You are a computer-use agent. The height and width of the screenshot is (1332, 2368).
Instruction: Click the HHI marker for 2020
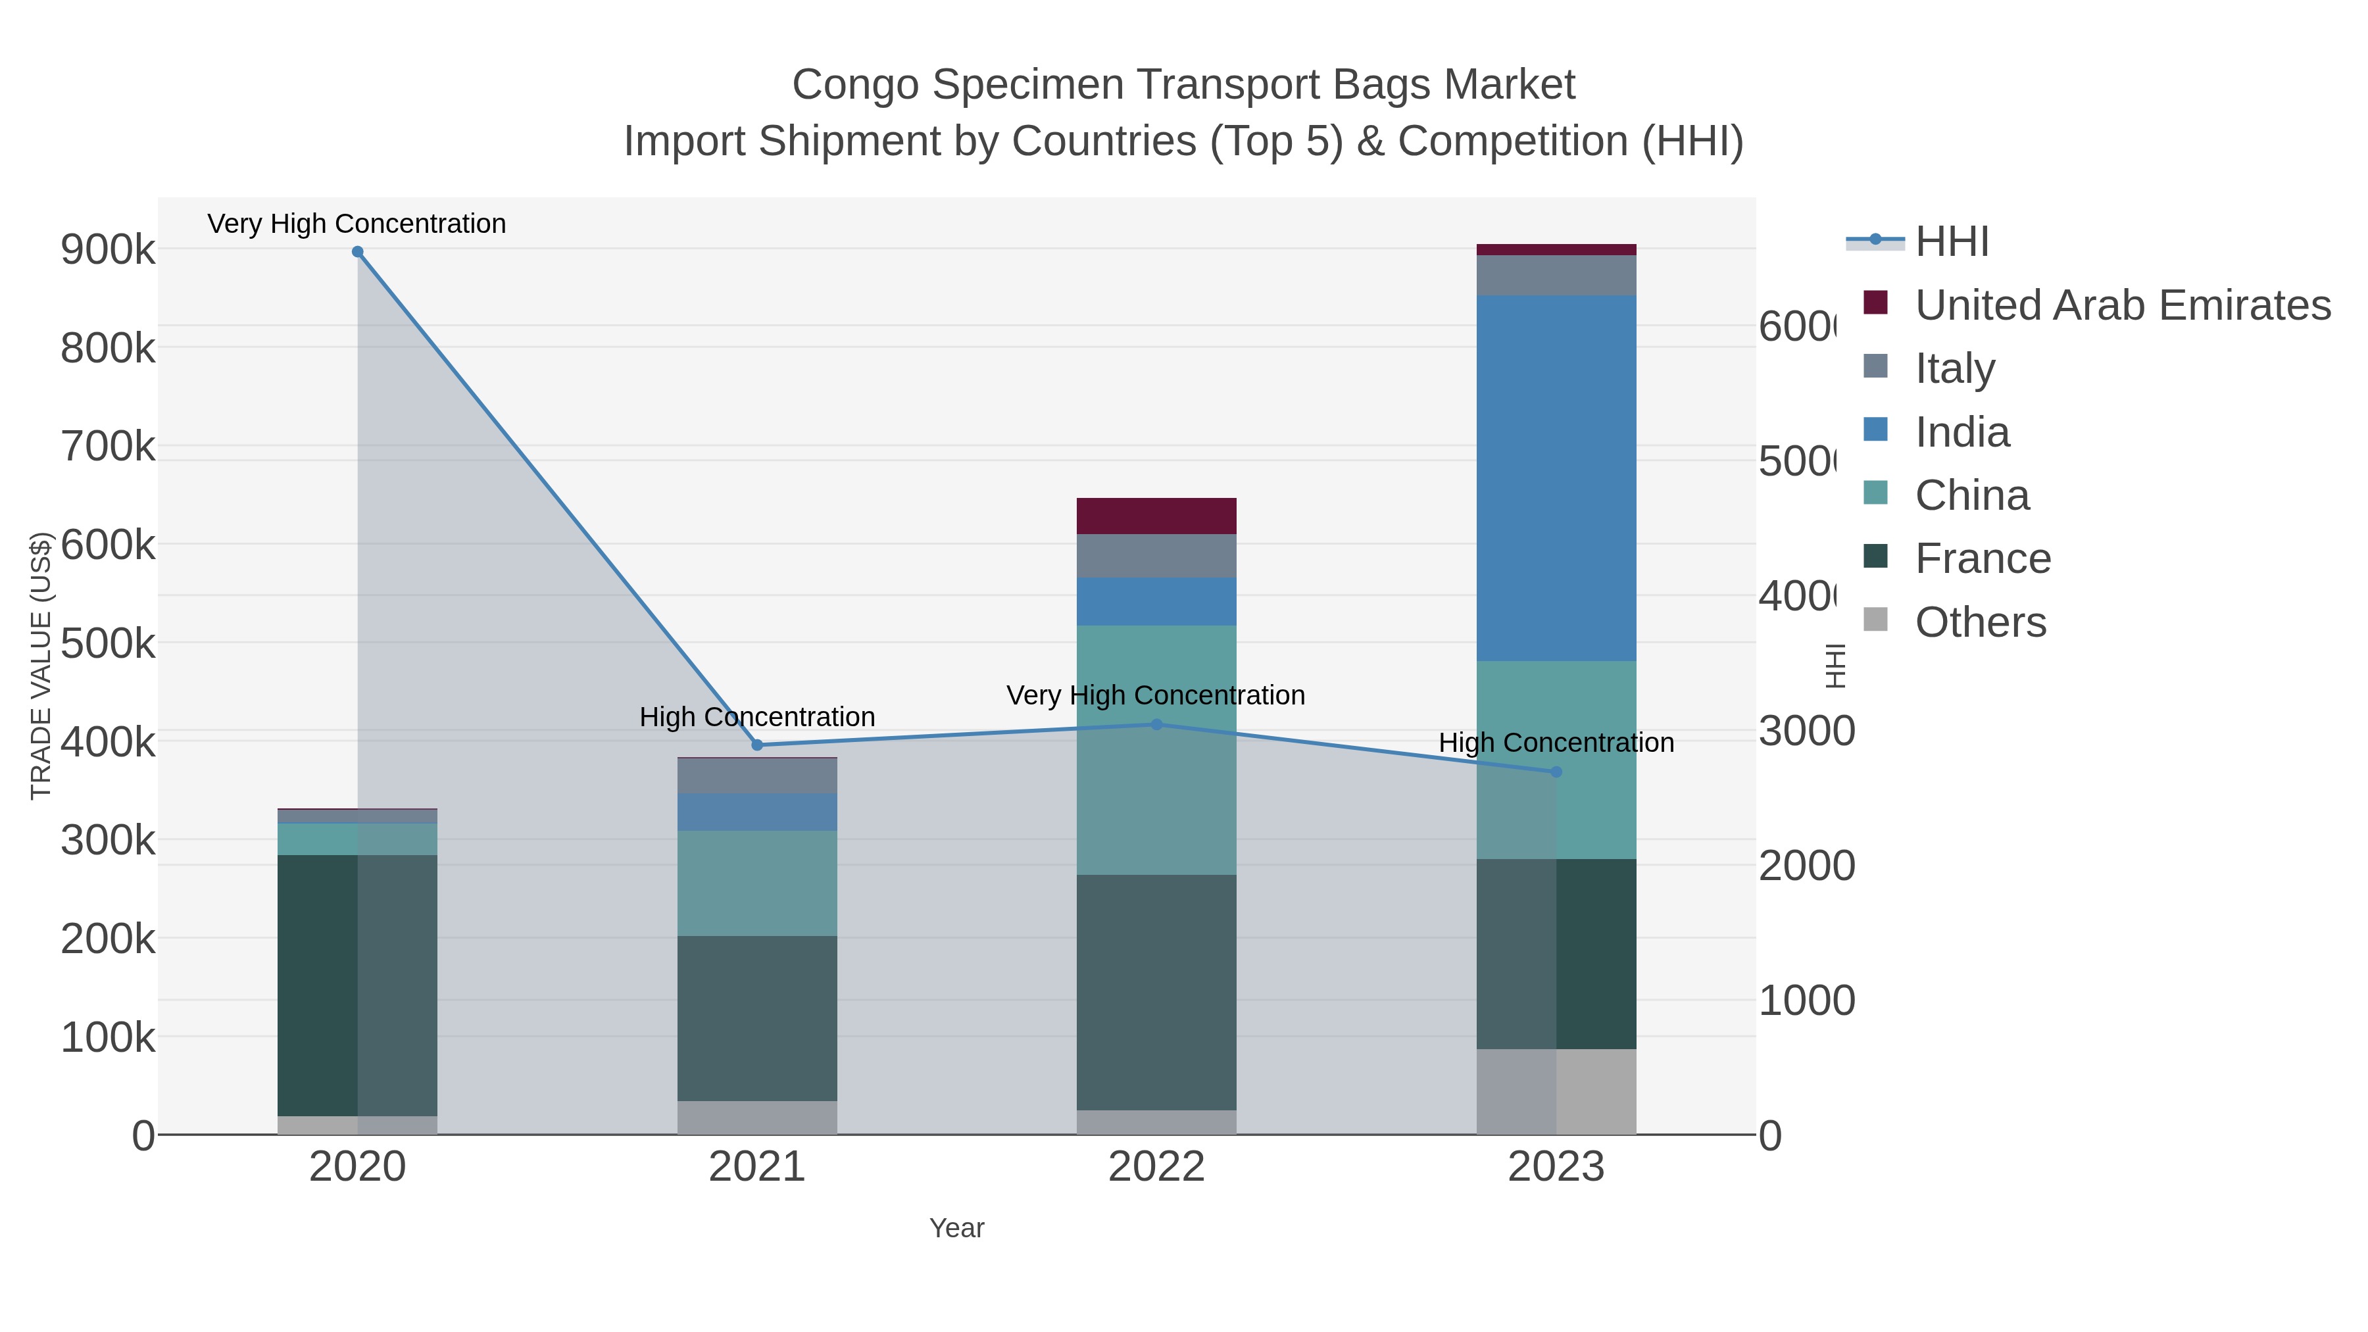358,252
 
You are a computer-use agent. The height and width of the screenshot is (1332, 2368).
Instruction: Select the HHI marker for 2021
758,745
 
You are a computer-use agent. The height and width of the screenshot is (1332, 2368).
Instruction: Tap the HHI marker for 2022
1156,724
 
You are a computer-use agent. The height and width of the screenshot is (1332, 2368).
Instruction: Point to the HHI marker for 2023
1556,772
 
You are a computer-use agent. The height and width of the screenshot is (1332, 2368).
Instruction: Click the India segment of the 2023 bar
1556,478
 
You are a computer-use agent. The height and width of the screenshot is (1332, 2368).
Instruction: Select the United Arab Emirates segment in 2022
1156,516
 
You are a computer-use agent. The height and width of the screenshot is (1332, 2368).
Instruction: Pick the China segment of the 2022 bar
1156,749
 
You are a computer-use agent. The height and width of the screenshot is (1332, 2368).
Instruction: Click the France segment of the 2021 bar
758,1018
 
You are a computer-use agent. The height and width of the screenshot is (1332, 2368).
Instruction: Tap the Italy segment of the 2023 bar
1556,275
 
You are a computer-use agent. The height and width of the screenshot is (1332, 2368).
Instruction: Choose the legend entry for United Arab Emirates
2121,305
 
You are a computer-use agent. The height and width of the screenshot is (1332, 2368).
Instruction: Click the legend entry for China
1972,495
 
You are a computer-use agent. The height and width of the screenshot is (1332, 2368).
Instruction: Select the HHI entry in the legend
1952,242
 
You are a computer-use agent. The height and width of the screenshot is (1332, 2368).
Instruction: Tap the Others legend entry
1980,622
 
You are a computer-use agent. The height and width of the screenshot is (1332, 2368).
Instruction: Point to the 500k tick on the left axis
108,643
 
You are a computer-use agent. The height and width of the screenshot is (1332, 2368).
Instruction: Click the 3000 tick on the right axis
1806,731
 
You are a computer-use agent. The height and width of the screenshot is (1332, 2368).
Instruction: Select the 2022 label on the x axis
1156,1166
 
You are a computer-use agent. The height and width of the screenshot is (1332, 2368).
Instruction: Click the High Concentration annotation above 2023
1556,743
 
